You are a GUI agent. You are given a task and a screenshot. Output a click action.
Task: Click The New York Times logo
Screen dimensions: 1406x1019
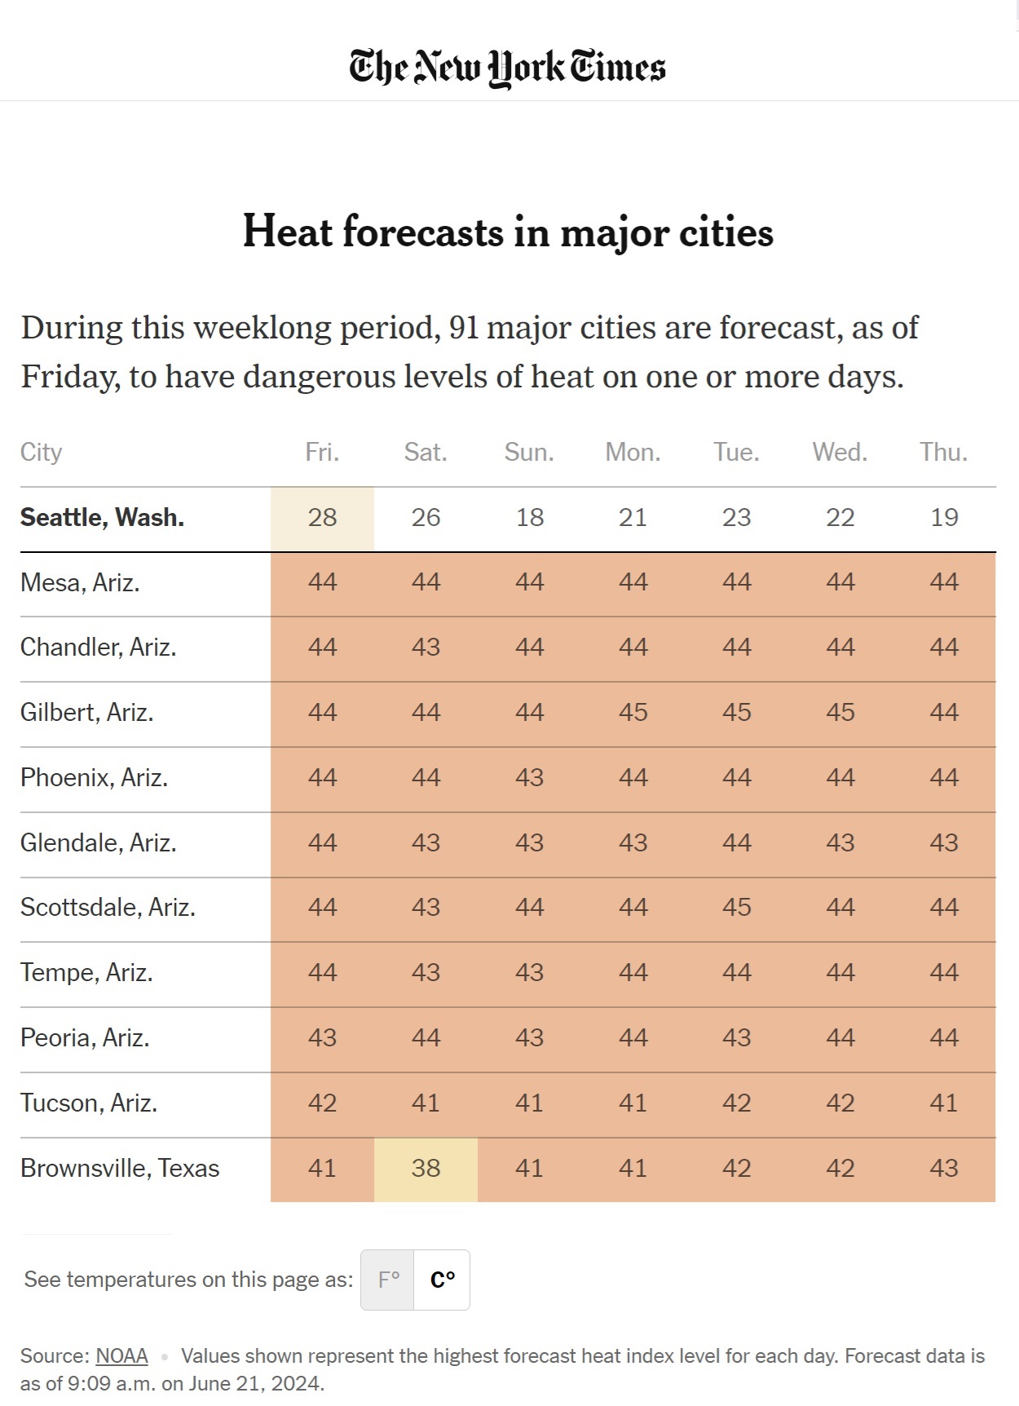tap(507, 67)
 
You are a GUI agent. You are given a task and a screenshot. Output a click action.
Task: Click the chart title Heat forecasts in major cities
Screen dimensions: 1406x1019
tap(508, 232)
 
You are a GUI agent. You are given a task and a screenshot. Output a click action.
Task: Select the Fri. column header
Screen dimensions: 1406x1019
tap(322, 452)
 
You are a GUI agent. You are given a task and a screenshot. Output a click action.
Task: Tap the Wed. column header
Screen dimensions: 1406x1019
tap(840, 452)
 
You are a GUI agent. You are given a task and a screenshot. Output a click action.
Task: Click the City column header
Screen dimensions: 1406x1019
tap(41, 452)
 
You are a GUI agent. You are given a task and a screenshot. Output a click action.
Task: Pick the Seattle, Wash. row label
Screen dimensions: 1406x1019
tap(102, 517)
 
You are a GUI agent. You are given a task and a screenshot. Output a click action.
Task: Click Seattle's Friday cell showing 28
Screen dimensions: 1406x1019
tap(322, 517)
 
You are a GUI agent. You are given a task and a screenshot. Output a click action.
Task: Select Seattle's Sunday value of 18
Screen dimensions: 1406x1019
tap(529, 517)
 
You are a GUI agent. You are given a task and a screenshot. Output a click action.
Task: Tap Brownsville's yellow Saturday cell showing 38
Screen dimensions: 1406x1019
tap(426, 1168)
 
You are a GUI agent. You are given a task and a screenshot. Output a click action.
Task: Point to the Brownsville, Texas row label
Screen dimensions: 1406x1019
tap(120, 1168)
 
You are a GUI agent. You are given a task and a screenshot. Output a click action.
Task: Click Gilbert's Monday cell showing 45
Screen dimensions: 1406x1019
tap(633, 712)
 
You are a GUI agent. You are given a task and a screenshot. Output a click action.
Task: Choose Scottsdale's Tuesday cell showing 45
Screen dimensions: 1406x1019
tap(736, 907)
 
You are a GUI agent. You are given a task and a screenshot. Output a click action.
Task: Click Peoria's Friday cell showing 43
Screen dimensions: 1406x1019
tap(322, 1037)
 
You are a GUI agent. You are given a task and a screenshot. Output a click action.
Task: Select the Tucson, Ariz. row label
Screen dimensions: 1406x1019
tap(89, 1103)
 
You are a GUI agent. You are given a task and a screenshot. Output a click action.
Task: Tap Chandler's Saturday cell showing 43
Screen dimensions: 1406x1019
tap(426, 647)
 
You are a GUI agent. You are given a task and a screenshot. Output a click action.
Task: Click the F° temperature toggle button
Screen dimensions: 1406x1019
tap(388, 1279)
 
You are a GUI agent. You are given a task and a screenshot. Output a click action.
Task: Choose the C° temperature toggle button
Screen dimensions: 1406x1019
tap(442, 1279)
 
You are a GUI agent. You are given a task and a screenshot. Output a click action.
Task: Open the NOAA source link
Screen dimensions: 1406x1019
tap(121, 1355)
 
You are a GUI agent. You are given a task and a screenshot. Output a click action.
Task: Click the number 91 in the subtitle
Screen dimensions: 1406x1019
tap(463, 328)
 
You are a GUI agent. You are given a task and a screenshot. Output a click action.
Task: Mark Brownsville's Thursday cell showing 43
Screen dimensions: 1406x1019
tap(944, 1168)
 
